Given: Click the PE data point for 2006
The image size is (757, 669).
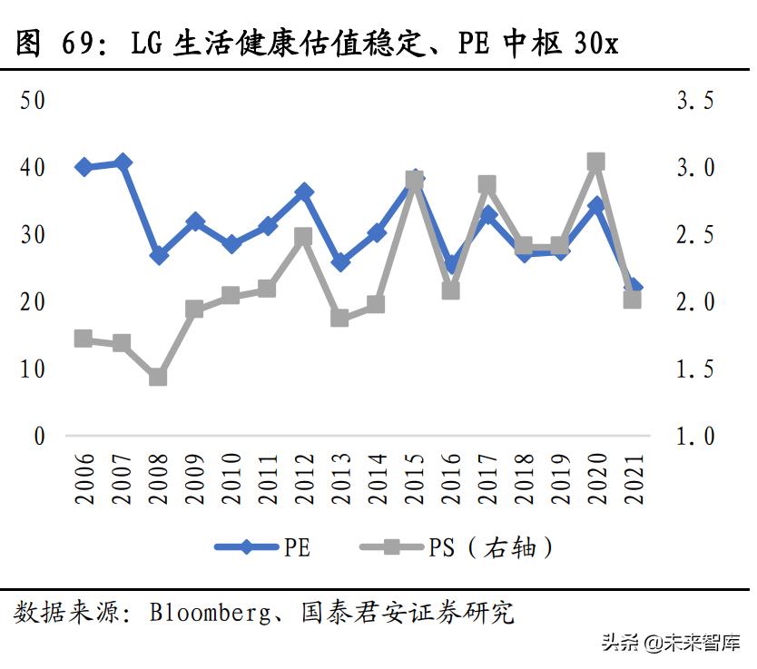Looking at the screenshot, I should [84, 167].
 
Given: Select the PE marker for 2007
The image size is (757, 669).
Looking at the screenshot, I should [122, 163].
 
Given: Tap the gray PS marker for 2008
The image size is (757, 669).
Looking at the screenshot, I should [158, 377].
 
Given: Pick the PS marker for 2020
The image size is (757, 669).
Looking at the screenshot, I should [596, 162].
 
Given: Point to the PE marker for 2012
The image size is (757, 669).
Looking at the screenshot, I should [304, 192].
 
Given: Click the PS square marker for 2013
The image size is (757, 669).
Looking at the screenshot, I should [340, 318].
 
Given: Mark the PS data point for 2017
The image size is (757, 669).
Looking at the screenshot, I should [487, 185].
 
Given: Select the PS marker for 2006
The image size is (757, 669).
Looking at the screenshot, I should [84, 339].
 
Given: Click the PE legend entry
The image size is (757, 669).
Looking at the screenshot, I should [263, 546].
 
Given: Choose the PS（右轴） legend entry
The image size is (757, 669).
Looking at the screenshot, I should [458, 546].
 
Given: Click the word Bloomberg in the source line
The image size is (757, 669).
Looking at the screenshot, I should [202, 613].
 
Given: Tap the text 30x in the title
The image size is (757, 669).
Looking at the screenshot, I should [595, 43].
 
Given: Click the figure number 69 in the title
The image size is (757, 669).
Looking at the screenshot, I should [78, 43].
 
